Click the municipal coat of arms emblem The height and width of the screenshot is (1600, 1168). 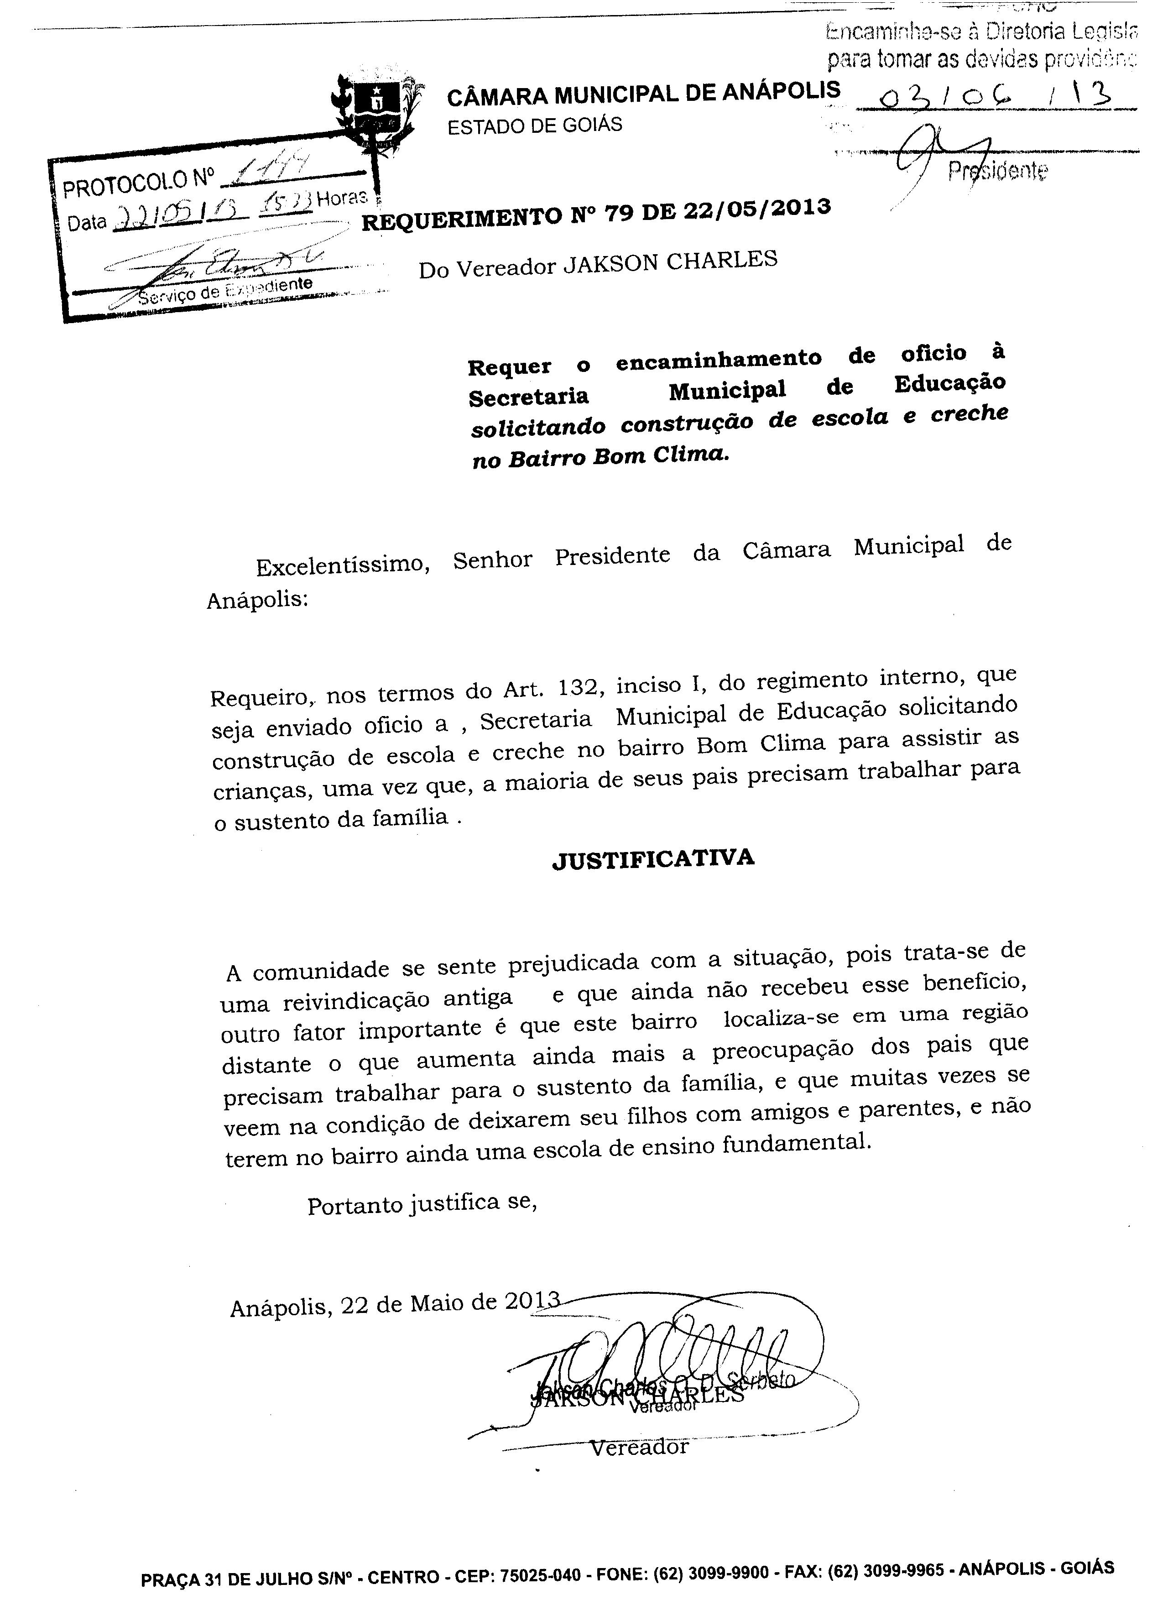pos(379,110)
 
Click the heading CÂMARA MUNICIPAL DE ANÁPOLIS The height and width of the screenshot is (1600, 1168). pos(643,92)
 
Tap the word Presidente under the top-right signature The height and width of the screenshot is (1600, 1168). pos(998,170)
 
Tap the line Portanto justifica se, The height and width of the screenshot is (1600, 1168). pos(422,1204)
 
